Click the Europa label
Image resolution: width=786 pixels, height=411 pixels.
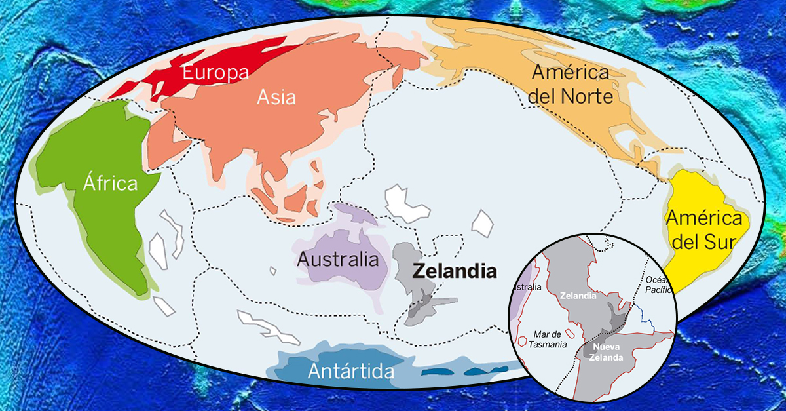pyautogui.click(x=215, y=72)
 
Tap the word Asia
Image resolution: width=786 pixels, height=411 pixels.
pyautogui.click(x=276, y=98)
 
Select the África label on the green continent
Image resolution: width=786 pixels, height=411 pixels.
pyautogui.click(x=110, y=183)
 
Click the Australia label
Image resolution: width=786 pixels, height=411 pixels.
pyautogui.click(x=338, y=259)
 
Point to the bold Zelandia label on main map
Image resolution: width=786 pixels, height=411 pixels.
pyautogui.click(x=454, y=271)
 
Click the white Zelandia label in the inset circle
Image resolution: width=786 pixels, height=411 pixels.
pyautogui.click(x=578, y=296)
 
